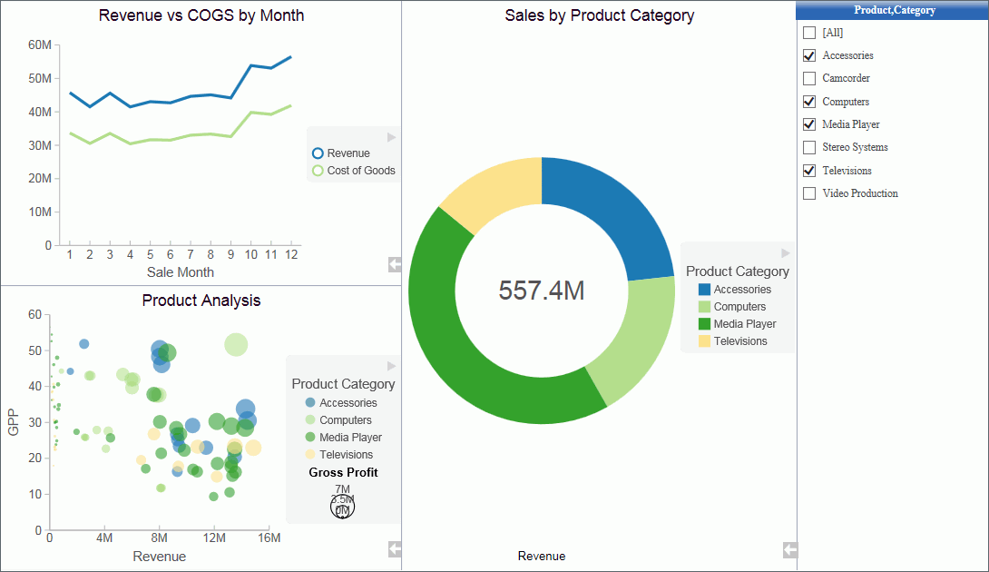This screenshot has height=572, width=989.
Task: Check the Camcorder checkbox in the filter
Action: click(x=809, y=79)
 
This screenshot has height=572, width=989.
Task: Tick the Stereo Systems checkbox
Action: click(x=809, y=147)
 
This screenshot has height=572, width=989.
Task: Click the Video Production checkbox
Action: click(x=809, y=193)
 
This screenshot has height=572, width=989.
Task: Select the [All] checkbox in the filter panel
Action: click(x=809, y=33)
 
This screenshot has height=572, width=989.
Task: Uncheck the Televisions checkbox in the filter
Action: click(x=809, y=171)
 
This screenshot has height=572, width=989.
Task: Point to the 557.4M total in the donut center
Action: click(x=542, y=291)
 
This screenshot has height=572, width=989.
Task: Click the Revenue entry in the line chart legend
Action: click(x=348, y=153)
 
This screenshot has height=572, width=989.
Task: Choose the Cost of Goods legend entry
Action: click(x=360, y=171)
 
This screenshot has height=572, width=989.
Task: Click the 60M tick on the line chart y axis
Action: click(x=40, y=44)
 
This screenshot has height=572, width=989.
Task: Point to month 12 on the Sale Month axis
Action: click(x=290, y=254)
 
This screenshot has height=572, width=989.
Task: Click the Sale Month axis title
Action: click(x=181, y=271)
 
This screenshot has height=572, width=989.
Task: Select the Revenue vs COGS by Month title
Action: click(x=201, y=15)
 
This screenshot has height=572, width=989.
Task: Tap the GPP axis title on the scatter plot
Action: click(x=14, y=421)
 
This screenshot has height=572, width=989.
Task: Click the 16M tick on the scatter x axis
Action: click(x=269, y=538)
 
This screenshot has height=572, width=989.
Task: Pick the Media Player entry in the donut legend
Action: click(x=745, y=324)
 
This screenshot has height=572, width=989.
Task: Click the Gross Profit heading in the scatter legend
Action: click(x=343, y=472)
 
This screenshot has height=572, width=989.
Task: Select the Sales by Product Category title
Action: click(x=600, y=15)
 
